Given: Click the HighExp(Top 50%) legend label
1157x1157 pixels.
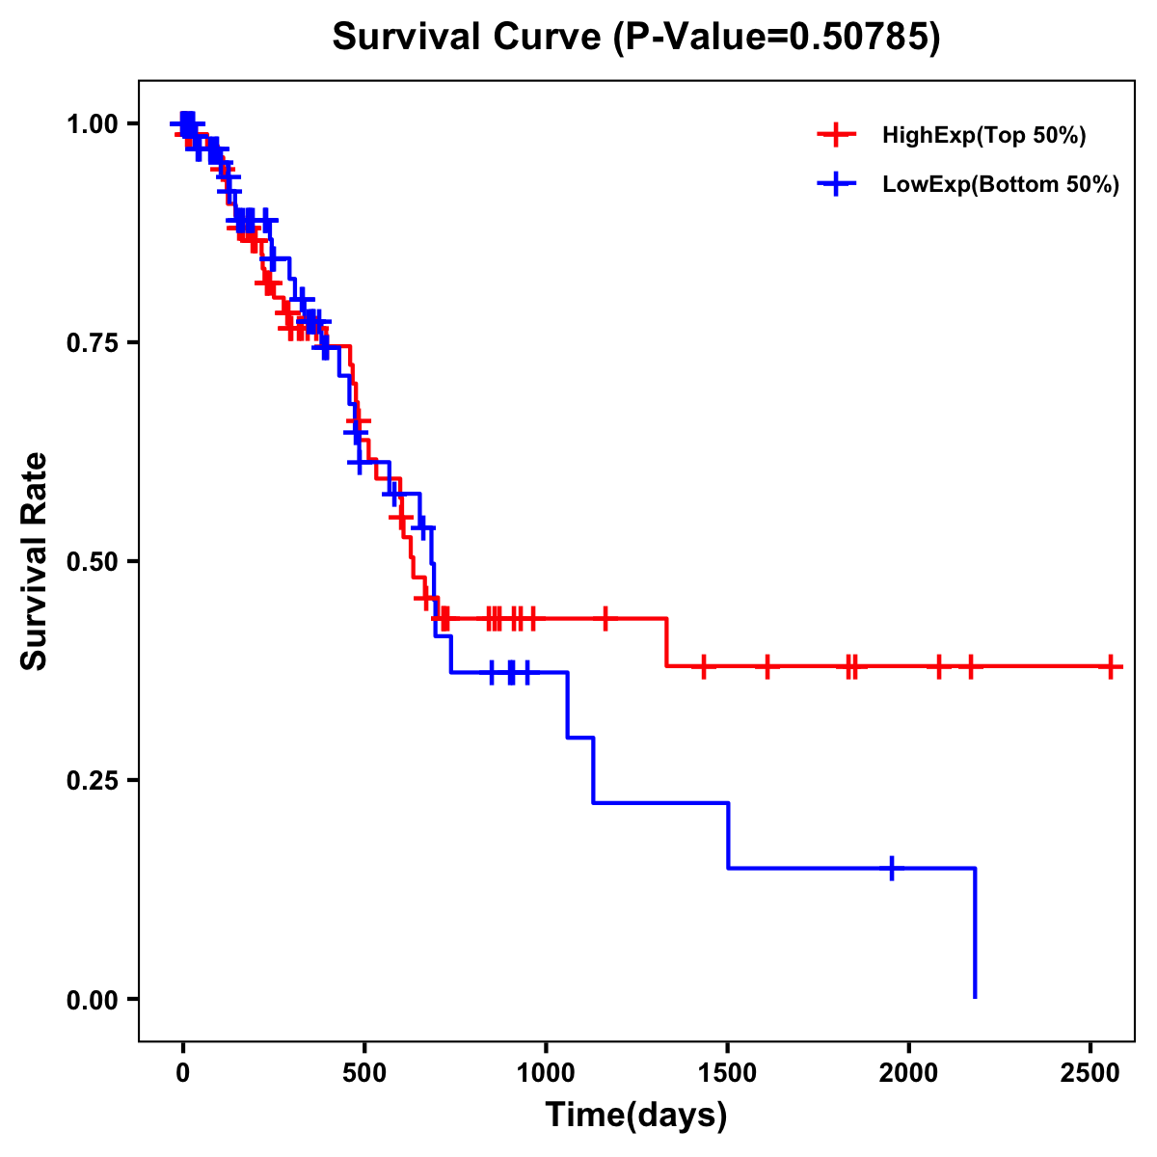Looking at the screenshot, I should [984, 136].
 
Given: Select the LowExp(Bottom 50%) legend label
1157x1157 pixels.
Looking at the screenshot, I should [1001, 185].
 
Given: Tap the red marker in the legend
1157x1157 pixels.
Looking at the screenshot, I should [837, 135].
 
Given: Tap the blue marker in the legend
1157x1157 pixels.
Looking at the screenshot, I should [837, 184].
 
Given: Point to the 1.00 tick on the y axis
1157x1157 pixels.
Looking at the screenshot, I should [93, 124].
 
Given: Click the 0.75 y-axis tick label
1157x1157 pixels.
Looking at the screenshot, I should [93, 343].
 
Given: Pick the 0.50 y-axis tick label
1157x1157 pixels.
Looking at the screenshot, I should [93, 562].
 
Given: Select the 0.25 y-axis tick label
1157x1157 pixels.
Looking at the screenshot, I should [93, 781].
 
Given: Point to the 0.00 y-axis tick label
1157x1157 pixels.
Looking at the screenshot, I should [93, 1000].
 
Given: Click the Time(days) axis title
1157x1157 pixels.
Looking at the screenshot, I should [636, 1116].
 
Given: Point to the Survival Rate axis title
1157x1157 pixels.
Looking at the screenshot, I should [35, 561].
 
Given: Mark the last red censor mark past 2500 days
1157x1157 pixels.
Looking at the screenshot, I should [1111, 666].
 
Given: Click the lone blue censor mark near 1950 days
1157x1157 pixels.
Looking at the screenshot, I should [892, 868].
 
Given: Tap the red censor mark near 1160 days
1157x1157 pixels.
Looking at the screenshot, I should [605, 618].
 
